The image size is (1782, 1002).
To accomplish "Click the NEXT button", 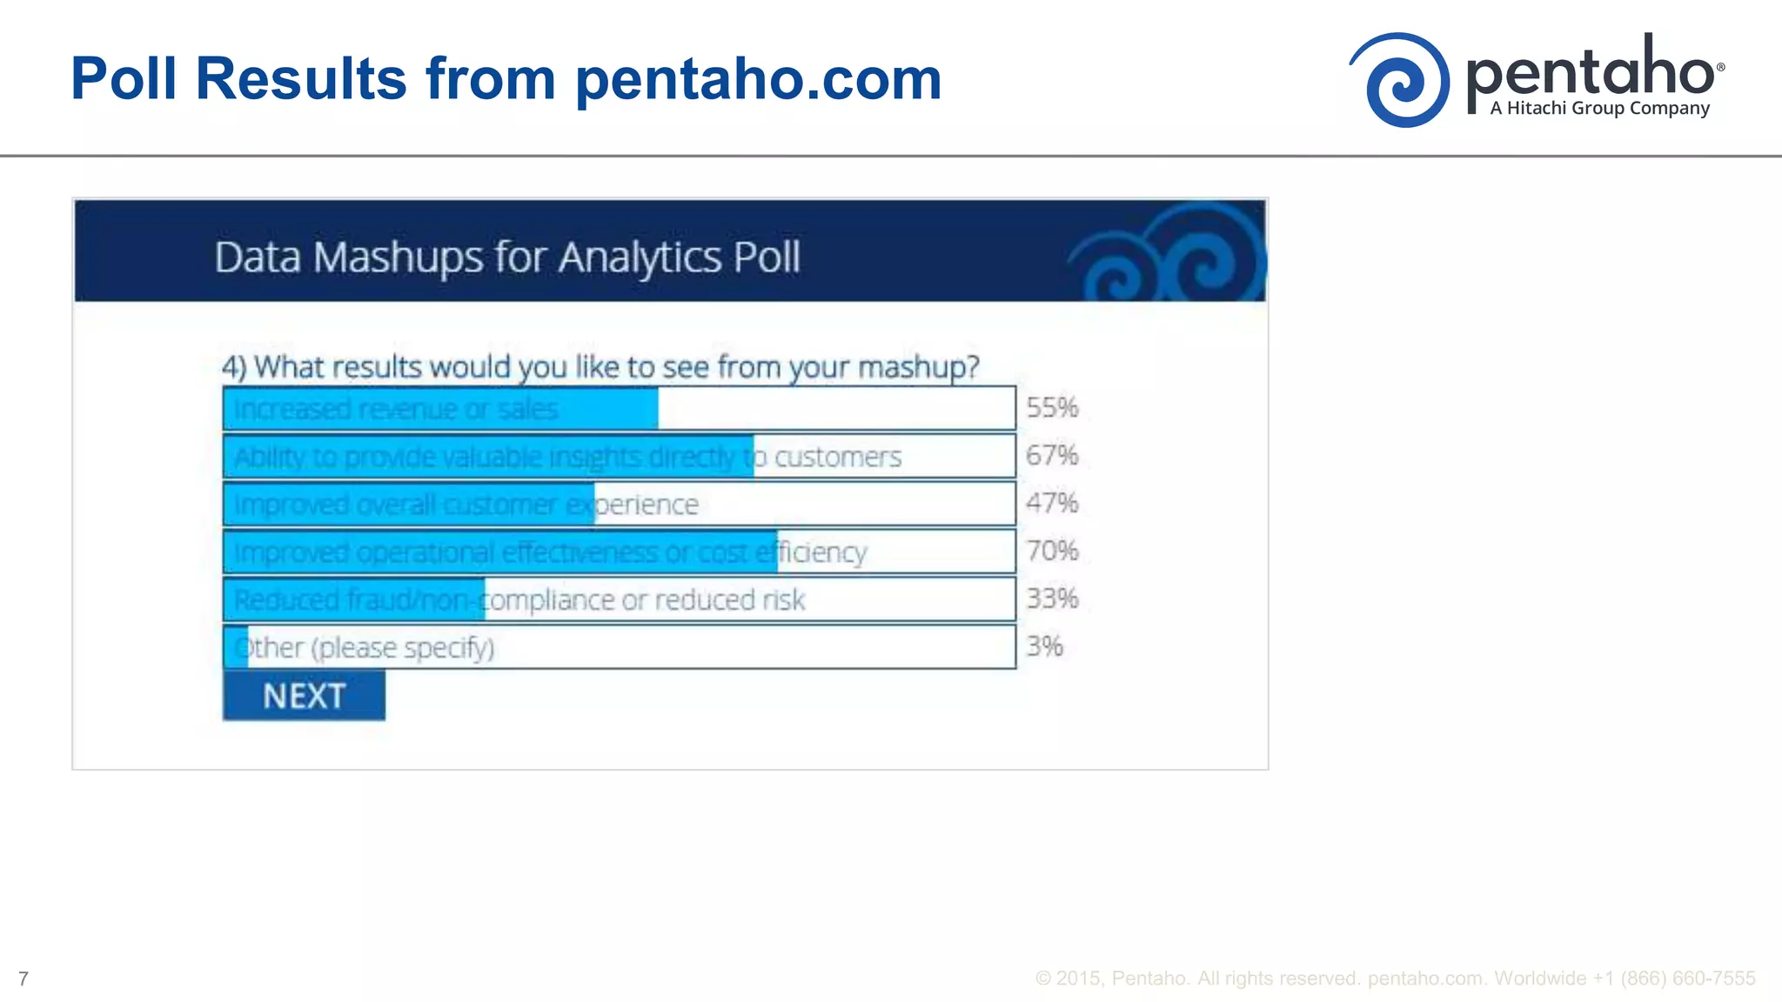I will tap(304, 696).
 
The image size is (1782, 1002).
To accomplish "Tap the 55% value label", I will tap(1052, 407).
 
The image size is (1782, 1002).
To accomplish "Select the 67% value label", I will tap(1052, 455).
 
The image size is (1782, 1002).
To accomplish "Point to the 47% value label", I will tap(1052, 503).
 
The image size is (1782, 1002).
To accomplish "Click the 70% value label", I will tap(1052, 551).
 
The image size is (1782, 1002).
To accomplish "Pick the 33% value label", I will tap(1052, 598).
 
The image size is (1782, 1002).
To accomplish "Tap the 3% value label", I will tap(1044, 646).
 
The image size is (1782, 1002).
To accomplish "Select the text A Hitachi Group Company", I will tap(1599, 109).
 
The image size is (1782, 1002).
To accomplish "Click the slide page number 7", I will tap(23, 979).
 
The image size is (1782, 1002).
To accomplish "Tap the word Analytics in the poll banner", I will tap(640, 257).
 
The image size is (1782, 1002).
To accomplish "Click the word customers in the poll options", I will tap(837, 457).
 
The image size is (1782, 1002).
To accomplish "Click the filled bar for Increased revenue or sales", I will tap(440, 409).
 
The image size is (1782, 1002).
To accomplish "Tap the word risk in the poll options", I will tap(783, 600).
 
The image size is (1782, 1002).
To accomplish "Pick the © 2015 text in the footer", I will tap(1069, 979).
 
